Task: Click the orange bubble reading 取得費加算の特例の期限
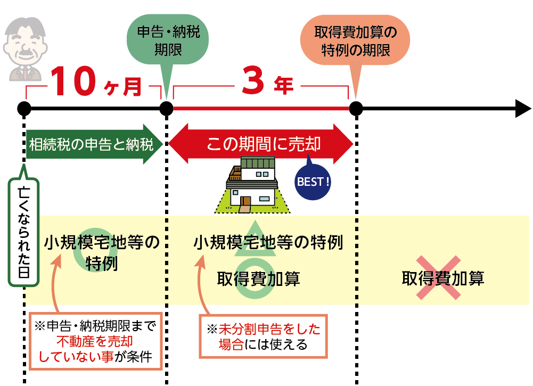point(355,41)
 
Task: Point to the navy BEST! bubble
point(313,182)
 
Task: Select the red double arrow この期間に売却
point(261,144)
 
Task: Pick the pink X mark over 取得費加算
point(437,277)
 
